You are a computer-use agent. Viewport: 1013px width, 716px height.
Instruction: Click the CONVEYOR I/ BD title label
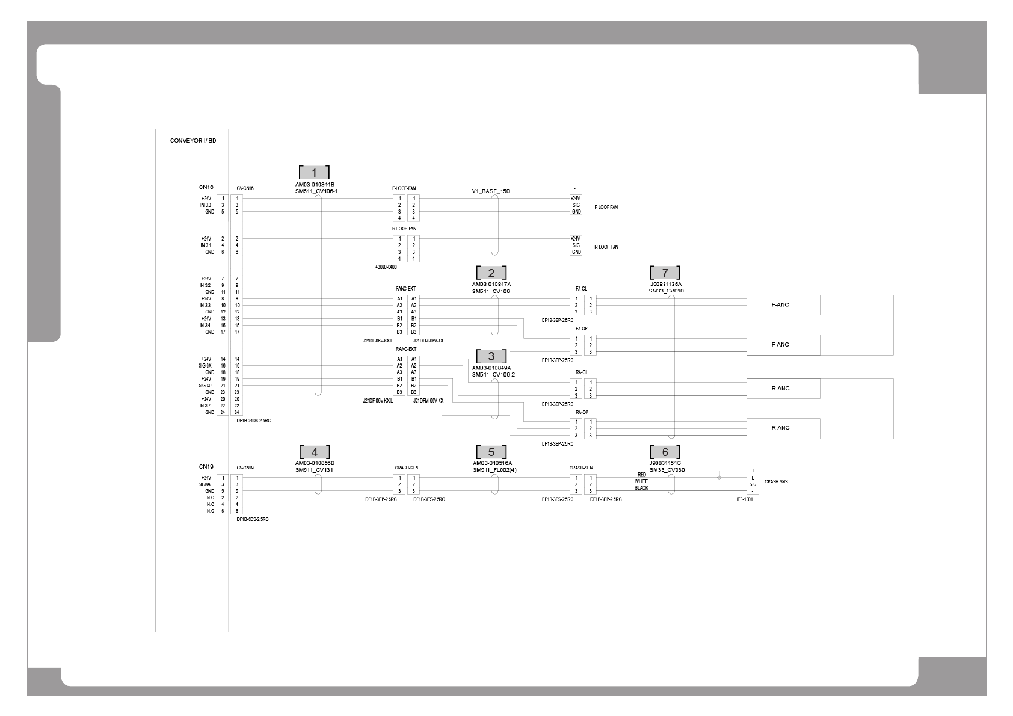[193, 141]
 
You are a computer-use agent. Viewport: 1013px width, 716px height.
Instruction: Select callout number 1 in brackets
[314, 172]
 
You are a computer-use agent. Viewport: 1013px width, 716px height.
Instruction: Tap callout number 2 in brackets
[491, 273]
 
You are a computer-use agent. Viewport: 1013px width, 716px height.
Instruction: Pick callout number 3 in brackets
[491, 356]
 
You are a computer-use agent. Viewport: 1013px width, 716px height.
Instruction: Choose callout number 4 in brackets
[315, 452]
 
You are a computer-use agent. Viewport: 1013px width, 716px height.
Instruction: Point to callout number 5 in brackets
[491, 452]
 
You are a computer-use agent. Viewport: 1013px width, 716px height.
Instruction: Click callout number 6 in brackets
[665, 452]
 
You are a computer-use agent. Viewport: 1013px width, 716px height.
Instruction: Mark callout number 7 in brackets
[665, 273]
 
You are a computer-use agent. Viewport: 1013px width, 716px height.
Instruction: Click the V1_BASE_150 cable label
[490, 191]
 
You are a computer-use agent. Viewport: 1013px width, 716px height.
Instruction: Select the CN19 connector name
[206, 466]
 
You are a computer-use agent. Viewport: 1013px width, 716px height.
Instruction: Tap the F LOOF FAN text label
[606, 207]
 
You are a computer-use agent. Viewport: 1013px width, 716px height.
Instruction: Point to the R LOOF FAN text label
[606, 247]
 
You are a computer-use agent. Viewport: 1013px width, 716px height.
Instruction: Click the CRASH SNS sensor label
[776, 481]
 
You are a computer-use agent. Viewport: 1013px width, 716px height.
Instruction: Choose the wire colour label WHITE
[641, 481]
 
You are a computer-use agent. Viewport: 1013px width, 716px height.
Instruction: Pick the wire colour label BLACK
[641, 488]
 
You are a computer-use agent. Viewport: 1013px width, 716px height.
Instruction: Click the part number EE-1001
[745, 499]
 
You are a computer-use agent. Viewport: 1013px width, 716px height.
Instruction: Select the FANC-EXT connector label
[406, 289]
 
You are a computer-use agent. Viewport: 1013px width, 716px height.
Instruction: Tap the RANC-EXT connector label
[406, 349]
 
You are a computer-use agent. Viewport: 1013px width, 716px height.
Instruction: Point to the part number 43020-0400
[386, 266]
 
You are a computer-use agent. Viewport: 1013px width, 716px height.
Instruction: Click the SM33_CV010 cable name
[666, 291]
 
